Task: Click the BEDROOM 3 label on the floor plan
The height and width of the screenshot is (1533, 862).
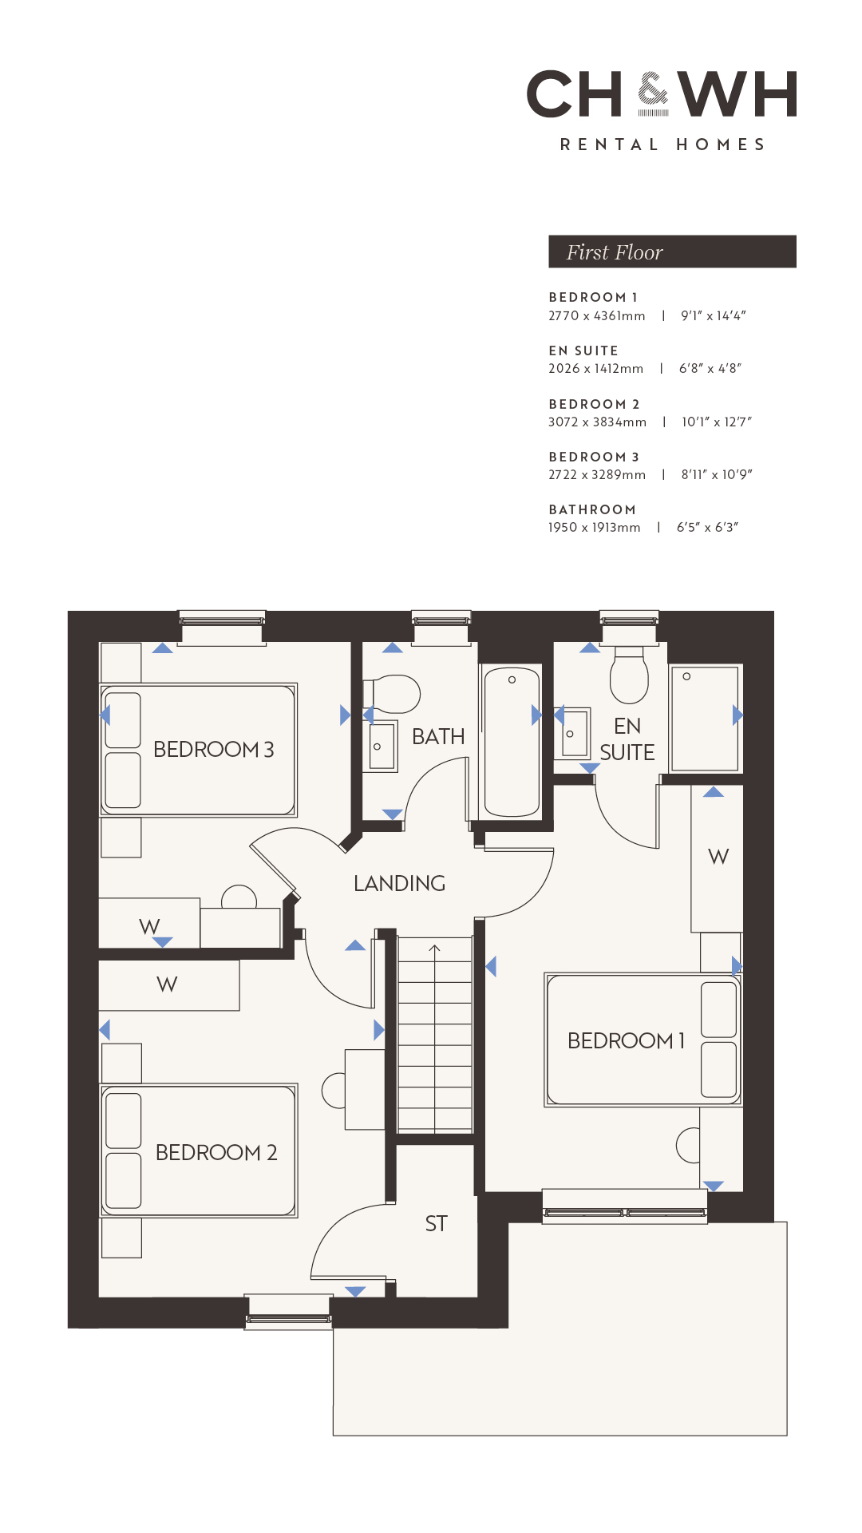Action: (x=213, y=750)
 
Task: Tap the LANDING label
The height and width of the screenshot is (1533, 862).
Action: (x=399, y=883)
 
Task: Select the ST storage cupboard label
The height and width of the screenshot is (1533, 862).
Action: (x=436, y=1223)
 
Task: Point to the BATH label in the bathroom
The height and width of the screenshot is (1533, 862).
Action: (x=438, y=736)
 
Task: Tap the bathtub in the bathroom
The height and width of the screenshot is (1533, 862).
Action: (x=512, y=742)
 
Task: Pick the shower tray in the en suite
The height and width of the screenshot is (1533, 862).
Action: (x=705, y=719)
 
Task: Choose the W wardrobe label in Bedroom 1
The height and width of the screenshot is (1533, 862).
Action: (x=718, y=857)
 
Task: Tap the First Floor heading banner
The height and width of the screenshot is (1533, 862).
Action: (x=672, y=252)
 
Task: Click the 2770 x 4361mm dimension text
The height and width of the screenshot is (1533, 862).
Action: (x=596, y=316)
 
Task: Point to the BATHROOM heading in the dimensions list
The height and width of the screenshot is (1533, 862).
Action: (x=592, y=509)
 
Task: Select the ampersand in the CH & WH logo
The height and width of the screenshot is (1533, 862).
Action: (x=653, y=94)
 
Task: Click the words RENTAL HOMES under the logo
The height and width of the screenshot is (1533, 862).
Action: (x=662, y=145)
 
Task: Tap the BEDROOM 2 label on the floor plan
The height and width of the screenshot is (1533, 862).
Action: (x=216, y=1153)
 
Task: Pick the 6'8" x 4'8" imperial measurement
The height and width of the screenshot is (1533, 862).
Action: (x=710, y=368)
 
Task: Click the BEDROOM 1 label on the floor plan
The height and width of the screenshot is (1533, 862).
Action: (x=627, y=1040)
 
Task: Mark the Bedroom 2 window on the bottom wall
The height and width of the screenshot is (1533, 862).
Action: (x=288, y=1312)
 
